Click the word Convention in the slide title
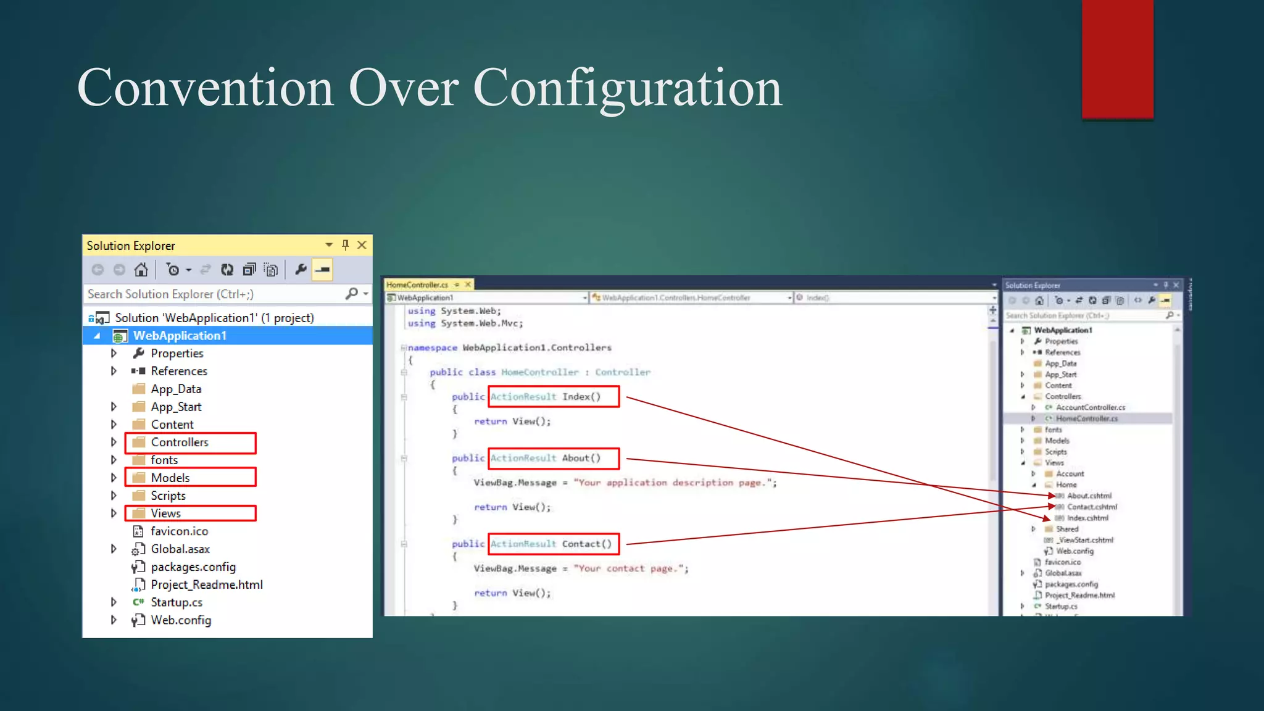click(x=205, y=88)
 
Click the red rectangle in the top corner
click(x=1117, y=59)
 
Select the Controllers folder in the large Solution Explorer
click(x=180, y=443)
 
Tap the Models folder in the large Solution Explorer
click(x=170, y=478)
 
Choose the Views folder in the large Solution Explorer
click(x=165, y=513)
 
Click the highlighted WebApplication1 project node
click(x=180, y=336)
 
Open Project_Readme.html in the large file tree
click(x=206, y=584)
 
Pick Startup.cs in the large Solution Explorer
click(x=177, y=602)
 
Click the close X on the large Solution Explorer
click(x=362, y=245)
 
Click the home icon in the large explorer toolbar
click(x=141, y=270)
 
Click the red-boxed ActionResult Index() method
click(x=553, y=397)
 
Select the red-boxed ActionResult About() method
click(x=553, y=458)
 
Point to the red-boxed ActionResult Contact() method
click(x=553, y=544)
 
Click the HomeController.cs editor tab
click(x=417, y=285)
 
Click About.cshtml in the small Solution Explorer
click(x=1089, y=496)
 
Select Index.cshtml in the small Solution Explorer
click(x=1087, y=518)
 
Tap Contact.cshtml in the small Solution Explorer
click(x=1092, y=507)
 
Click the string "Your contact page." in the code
click(x=630, y=568)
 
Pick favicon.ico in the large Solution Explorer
click(x=179, y=531)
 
